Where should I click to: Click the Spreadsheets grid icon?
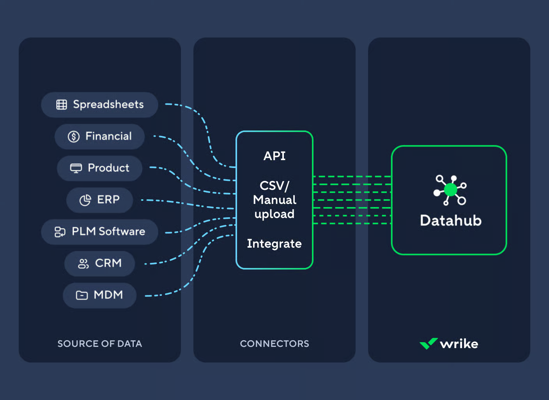pyautogui.click(x=62, y=104)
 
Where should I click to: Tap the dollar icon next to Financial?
pyautogui.click(x=74, y=136)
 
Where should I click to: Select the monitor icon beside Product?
pyautogui.click(x=76, y=168)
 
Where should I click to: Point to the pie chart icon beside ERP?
pyautogui.click(x=85, y=200)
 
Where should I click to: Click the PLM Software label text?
pyautogui.click(x=108, y=231)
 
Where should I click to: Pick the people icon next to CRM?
pyautogui.click(x=83, y=264)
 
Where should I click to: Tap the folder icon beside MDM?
pyautogui.click(x=81, y=295)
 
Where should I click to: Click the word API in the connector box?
pyautogui.click(x=274, y=156)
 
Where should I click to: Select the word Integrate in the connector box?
pyautogui.click(x=274, y=243)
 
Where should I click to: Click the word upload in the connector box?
pyautogui.click(x=274, y=214)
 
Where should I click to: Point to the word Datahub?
pyautogui.click(x=450, y=220)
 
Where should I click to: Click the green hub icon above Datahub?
pyautogui.click(x=450, y=190)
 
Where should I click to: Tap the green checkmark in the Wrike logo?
pyautogui.click(x=428, y=343)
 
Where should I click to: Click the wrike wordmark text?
pyautogui.click(x=459, y=344)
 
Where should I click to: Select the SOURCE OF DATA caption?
pyautogui.click(x=100, y=344)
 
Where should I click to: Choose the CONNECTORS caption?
pyautogui.click(x=274, y=344)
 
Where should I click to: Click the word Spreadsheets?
pyautogui.click(x=108, y=104)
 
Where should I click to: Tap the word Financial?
pyautogui.click(x=108, y=136)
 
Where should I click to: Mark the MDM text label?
pyautogui.click(x=108, y=295)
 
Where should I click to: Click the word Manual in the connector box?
pyautogui.click(x=274, y=200)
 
